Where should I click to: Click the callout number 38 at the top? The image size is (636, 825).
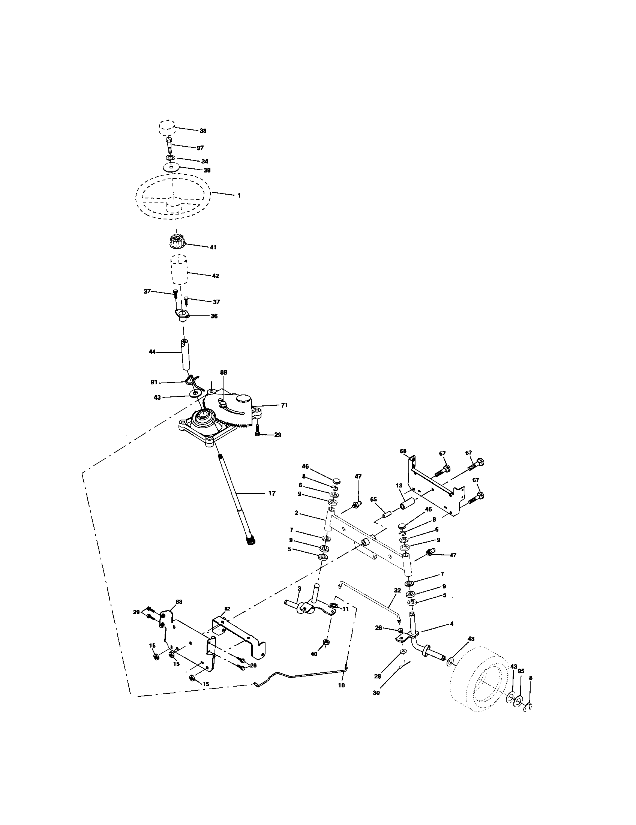[x=203, y=131]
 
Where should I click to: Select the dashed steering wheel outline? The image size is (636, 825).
[x=173, y=196]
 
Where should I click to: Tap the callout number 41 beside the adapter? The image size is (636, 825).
[x=213, y=247]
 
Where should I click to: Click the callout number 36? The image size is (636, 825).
[x=214, y=316]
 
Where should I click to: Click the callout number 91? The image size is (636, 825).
[x=154, y=382]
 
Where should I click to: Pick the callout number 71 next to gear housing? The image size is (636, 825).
[x=284, y=405]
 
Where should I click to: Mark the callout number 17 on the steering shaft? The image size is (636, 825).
[x=271, y=493]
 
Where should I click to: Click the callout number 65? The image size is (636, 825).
[x=373, y=499]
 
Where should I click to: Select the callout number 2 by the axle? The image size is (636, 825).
[x=297, y=513]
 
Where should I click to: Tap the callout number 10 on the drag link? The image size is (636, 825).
[x=341, y=685]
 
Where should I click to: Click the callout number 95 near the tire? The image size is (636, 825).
[x=521, y=671]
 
